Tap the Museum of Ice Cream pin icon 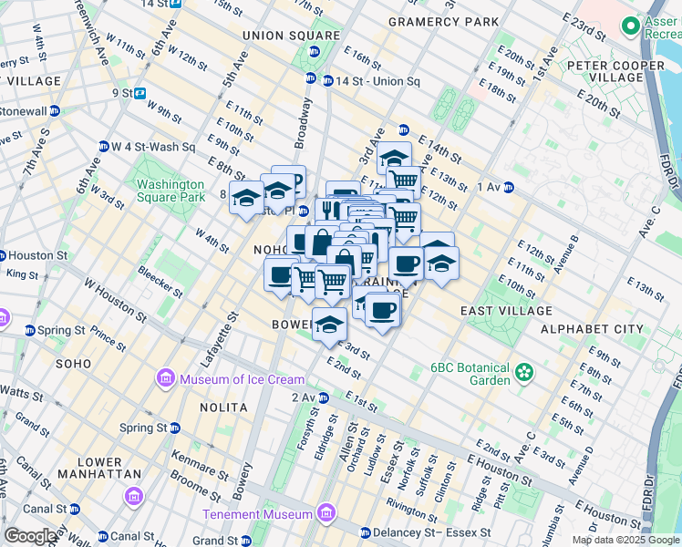(165, 377)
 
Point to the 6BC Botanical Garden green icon (523, 372)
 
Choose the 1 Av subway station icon (508, 188)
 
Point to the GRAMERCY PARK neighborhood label (443, 21)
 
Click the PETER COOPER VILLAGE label (615, 71)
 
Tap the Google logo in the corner (30, 536)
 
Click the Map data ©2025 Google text (625, 540)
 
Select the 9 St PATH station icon (140, 93)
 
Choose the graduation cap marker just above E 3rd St (329, 323)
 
